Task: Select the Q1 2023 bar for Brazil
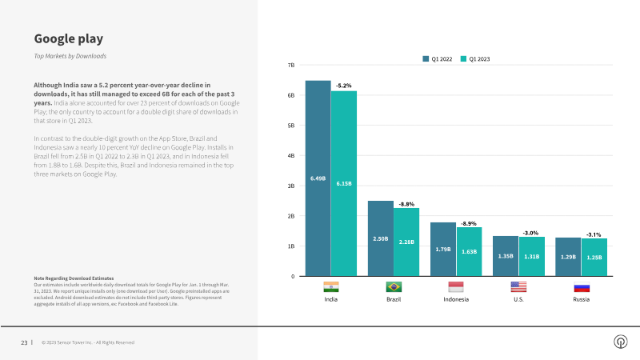pyautogui.click(x=406, y=242)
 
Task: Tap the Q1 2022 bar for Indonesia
pyautogui.click(x=442, y=249)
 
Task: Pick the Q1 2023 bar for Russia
pyautogui.click(x=594, y=257)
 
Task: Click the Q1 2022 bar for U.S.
pyautogui.click(x=506, y=256)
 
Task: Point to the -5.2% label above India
pyautogui.click(x=343, y=85)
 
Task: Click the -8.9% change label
pyautogui.click(x=469, y=223)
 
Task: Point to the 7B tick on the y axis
pyautogui.click(x=291, y=65)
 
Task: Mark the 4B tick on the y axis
pyautogui.click(x=291, y=155)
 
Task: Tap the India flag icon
pyautogui.click(x=330, y=286)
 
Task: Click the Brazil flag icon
pyautogui.click(x=394, y=286)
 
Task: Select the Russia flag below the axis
pyautogui.click(x=582, y=286)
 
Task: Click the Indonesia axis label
pyautogui.click(x=456, y=299)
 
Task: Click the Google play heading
pyautogui.click(x=68, y=38)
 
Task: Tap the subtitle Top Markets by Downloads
pyautogui.click(x=70, y=56)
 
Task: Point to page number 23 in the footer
pyautogui.click(x=24, y=342)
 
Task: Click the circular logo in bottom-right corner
pyautogui.click(x=620, y=342)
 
